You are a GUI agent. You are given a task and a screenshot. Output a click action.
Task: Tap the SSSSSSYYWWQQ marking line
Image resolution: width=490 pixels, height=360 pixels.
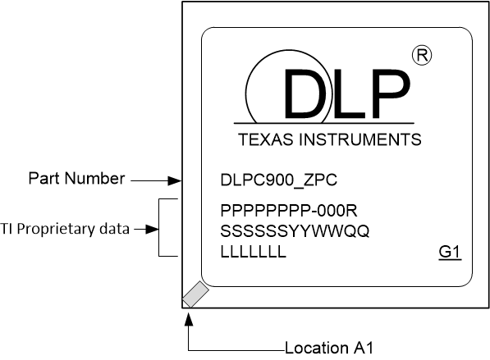[295, 231]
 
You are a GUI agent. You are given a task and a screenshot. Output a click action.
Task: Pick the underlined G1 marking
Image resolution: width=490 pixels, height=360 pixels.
[451, 253]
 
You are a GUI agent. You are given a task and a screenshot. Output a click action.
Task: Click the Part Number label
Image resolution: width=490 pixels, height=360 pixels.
[76, 178]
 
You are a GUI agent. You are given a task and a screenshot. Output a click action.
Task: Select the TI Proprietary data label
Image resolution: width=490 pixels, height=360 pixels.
[65, 230]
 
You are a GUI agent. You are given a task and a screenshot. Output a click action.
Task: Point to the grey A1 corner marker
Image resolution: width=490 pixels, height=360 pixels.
[195, 294]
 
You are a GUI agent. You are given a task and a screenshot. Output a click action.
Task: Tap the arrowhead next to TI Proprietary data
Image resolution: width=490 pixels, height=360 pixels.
[151, 230]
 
